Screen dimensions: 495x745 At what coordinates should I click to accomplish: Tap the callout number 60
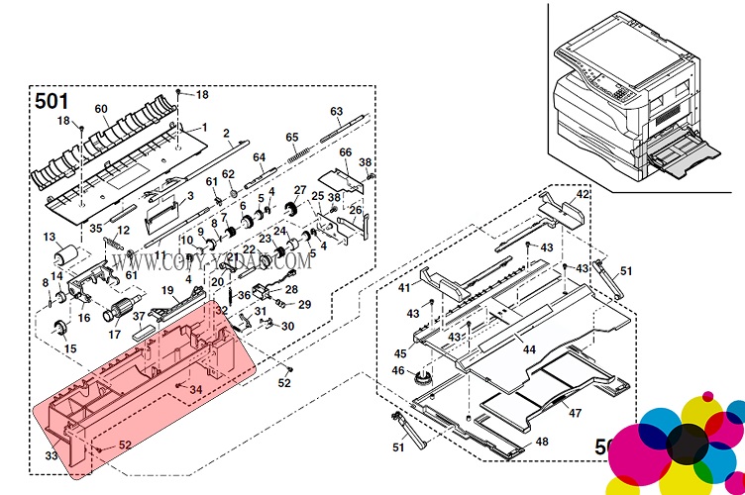(101, 109)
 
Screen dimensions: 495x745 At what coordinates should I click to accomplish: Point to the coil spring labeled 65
(296, 153)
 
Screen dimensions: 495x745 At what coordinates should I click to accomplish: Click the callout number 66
(346, 152)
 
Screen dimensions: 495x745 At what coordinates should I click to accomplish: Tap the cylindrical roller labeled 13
(64, 255)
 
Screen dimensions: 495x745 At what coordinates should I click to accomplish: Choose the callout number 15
(69, 349)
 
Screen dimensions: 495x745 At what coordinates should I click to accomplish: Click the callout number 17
(114, 335)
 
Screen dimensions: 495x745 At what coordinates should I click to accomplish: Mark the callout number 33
(51, 456)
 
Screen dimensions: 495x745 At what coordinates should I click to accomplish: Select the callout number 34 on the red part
(196, 389)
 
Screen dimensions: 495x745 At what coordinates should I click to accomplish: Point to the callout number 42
(583, 194)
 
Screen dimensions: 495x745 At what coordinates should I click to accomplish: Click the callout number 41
(404, 288)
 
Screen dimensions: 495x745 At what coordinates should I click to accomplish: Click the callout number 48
(542, 442)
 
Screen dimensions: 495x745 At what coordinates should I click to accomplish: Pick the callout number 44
(529, 349)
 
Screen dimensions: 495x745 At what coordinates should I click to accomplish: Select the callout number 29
(304, 304)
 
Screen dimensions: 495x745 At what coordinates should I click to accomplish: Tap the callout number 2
(226, 133)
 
